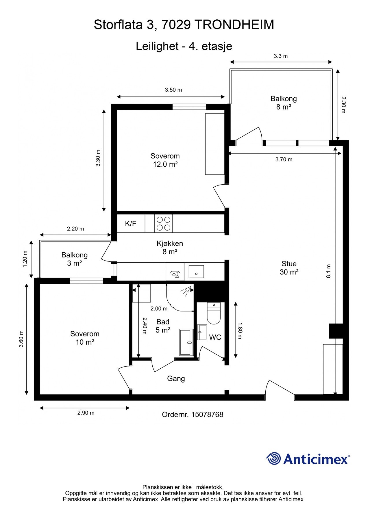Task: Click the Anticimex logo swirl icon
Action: point(273,458)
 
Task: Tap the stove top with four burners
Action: point(163,223)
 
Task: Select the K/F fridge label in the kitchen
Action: point(131,223)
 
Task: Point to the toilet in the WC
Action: point(214,313)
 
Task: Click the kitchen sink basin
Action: point(196,272)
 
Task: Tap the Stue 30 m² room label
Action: point(289,268)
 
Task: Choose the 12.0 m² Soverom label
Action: point(165,160)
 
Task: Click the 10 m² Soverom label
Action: point(85,338)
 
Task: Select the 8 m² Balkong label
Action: point(284,103)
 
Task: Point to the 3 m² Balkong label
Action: point(75,259)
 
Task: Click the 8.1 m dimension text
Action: point(328,271)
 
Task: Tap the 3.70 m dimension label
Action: point(284,159)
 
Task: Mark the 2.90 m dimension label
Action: point(86,413)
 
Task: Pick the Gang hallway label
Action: point(176,379)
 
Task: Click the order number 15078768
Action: point(207,415)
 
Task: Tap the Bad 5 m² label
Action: point(163,326)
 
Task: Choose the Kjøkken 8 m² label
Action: point(170,248)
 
